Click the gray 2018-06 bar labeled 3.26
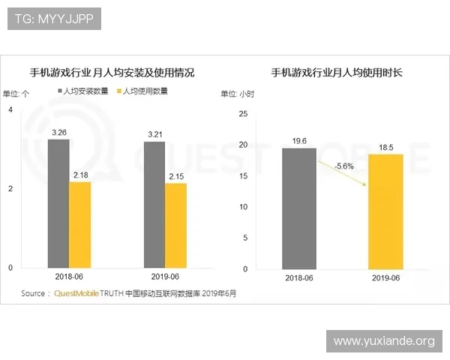pyautogui.click(x=58, y=203)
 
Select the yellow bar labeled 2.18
pyautogui.click(x=79, y=224)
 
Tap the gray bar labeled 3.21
pyautogui.click(x=154, y=205)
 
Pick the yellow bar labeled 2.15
pyautogui.click(x=175, y=225)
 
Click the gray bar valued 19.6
pyautogui.click(x=298, y=208)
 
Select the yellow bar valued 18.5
pyautogui.click(x=385, y=211)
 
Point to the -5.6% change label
pyautogui.click(x=343, y=165)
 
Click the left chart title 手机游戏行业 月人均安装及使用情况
pyautogui.click(x=112, y=73)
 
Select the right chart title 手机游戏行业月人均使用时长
pyautogui.click(x=337, y=73)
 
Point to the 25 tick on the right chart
pyautogui.click(x=241, y=113)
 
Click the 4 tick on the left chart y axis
pyautogui.click(x=10, y=109)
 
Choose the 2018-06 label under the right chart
pyautogui.click(x=298, y=277)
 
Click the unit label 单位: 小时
pyautogui.click(x=237, y=94)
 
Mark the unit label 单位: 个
pyautogui.click(x=16, y=94)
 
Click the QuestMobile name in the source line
pyautogui.click(x=76, y=293)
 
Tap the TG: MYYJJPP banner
pyautogui.click(x=53, y=19)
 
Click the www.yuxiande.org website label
pyautogui.click(x=384, y=341)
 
